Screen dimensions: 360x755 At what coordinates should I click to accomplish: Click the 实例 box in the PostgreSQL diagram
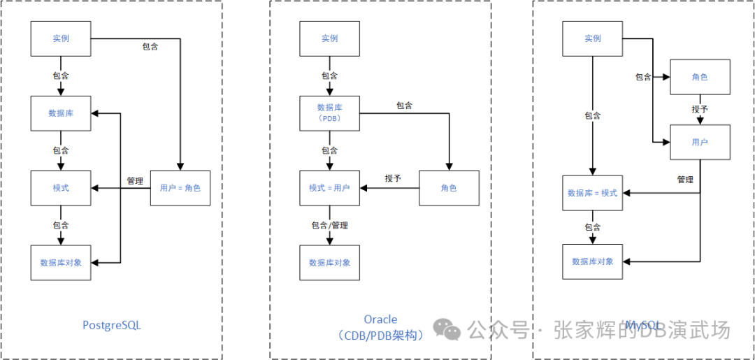point(61,38)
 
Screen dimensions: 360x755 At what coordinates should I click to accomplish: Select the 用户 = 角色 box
point(180,188)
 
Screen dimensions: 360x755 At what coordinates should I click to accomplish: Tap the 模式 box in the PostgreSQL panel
point(61,188)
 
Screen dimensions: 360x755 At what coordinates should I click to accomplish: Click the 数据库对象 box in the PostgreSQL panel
point(61,263)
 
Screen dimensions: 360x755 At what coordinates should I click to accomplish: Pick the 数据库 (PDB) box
point(329,113)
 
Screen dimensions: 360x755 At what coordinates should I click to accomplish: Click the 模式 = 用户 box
point(329,188)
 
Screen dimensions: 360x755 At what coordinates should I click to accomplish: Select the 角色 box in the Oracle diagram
point(449,188)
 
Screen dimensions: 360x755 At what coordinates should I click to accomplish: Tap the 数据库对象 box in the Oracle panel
point(329,263)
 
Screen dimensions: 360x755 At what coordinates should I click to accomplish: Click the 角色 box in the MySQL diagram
point(700,77)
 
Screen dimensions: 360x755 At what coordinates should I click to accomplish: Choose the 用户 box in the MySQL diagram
point(700,143)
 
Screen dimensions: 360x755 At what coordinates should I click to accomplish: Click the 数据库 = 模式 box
point(593,193)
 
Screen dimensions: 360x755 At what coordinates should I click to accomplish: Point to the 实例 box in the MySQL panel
point(593,38)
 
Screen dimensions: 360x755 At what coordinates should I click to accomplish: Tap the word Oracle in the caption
point(381,320)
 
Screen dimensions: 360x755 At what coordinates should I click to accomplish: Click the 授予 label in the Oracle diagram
point(393,178)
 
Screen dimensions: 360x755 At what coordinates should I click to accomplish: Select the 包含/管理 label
point(329,225)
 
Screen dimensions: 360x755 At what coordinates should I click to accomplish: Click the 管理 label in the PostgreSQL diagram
point(135,181)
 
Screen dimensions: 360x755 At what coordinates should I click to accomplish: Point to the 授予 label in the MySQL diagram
point(700,110)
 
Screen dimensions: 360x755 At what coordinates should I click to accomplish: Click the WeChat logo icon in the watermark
point(447,329)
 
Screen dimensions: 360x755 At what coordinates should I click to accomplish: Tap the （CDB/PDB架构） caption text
point(381,336)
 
